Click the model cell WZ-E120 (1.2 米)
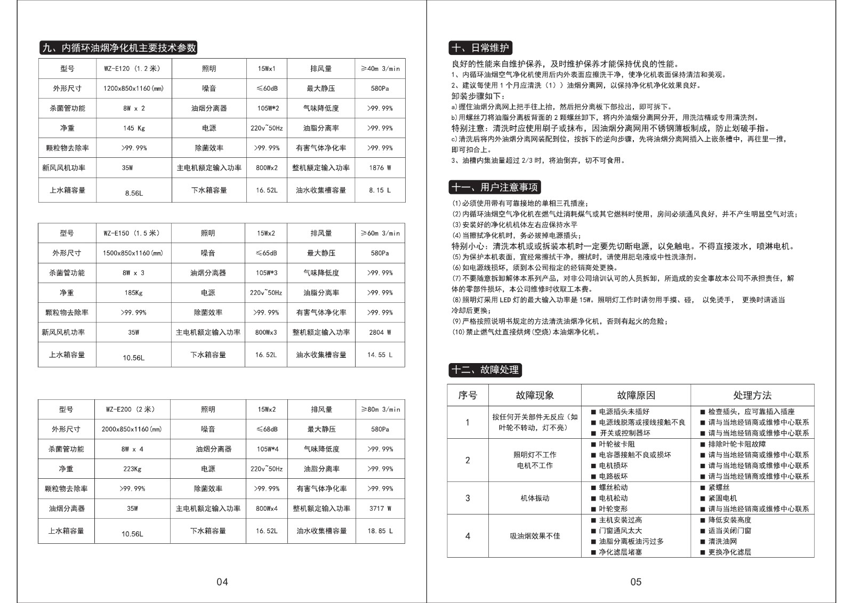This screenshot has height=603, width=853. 132,69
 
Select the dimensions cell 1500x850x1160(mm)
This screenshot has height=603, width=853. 133,253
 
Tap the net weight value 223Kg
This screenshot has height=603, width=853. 132,469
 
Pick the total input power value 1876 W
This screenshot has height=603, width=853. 380,168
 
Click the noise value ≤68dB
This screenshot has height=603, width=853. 266,429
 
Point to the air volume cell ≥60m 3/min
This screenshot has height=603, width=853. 380,234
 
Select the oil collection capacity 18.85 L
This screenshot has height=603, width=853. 380,531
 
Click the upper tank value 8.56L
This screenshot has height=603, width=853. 134,193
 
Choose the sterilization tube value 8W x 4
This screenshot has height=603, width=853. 132,449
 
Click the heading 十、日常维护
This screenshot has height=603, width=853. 480,48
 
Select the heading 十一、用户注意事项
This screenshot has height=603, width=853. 495,187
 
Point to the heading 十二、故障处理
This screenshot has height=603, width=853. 485,370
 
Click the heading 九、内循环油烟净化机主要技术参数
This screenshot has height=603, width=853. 119,48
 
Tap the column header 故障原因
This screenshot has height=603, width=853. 635,396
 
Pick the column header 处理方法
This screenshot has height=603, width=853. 752,396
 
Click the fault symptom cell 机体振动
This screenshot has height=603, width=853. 535,499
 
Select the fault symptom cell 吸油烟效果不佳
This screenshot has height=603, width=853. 535,536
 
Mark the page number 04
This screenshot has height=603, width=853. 222,582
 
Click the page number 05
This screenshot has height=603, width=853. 635,582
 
